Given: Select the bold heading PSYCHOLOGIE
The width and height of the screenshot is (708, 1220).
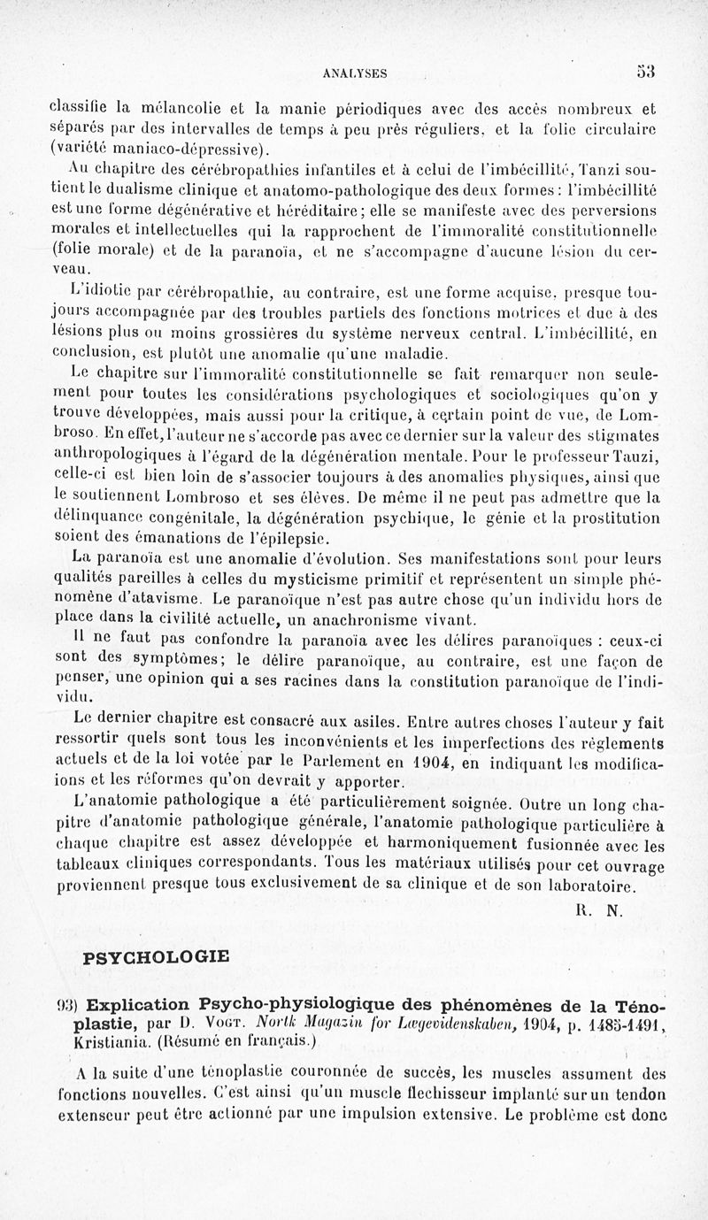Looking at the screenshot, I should click(x=156, y=956).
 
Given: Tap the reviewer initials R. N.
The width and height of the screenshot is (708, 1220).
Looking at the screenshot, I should click(x=601, y=908).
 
